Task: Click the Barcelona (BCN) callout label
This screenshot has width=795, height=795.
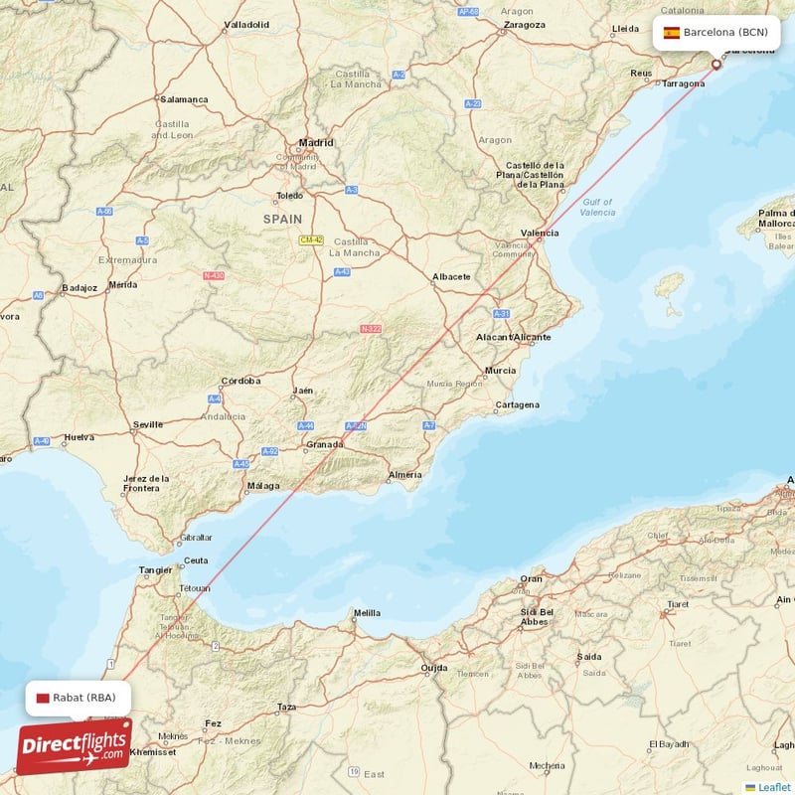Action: [715, 32]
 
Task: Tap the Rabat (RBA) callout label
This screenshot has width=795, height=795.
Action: [78, 698]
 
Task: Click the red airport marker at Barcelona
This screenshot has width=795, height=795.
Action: [715, 66]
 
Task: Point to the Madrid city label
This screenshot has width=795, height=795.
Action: [316, 142]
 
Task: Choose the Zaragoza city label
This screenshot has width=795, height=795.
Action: [524, 24]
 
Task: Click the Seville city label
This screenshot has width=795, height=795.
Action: [148, 424]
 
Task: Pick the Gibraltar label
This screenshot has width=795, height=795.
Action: [196, 538]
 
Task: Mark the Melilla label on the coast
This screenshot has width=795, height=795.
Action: [367, 613]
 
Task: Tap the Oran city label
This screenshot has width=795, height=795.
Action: [532, 578]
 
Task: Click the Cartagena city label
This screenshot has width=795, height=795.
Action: [517, 404]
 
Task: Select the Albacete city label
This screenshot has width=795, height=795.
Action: [451, 276]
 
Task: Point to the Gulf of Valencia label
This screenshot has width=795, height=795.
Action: [596, 207]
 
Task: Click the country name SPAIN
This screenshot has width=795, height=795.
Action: [282, 218]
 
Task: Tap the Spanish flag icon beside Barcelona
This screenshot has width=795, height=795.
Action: [672, 32]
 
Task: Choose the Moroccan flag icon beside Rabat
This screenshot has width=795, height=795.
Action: [42, 698]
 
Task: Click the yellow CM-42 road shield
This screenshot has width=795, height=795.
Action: [312, 239]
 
